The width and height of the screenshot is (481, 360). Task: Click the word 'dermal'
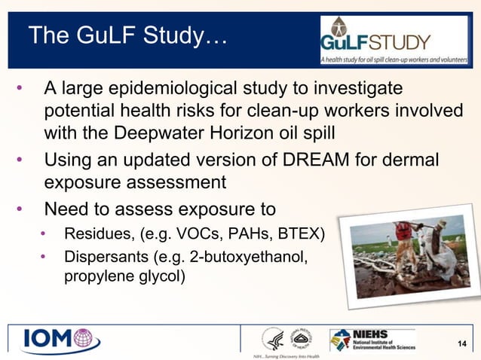(x=418, y=160)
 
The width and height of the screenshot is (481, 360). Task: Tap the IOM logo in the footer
(x=60, y=339)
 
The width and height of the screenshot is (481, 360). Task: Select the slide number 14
(x=463, y=344)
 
